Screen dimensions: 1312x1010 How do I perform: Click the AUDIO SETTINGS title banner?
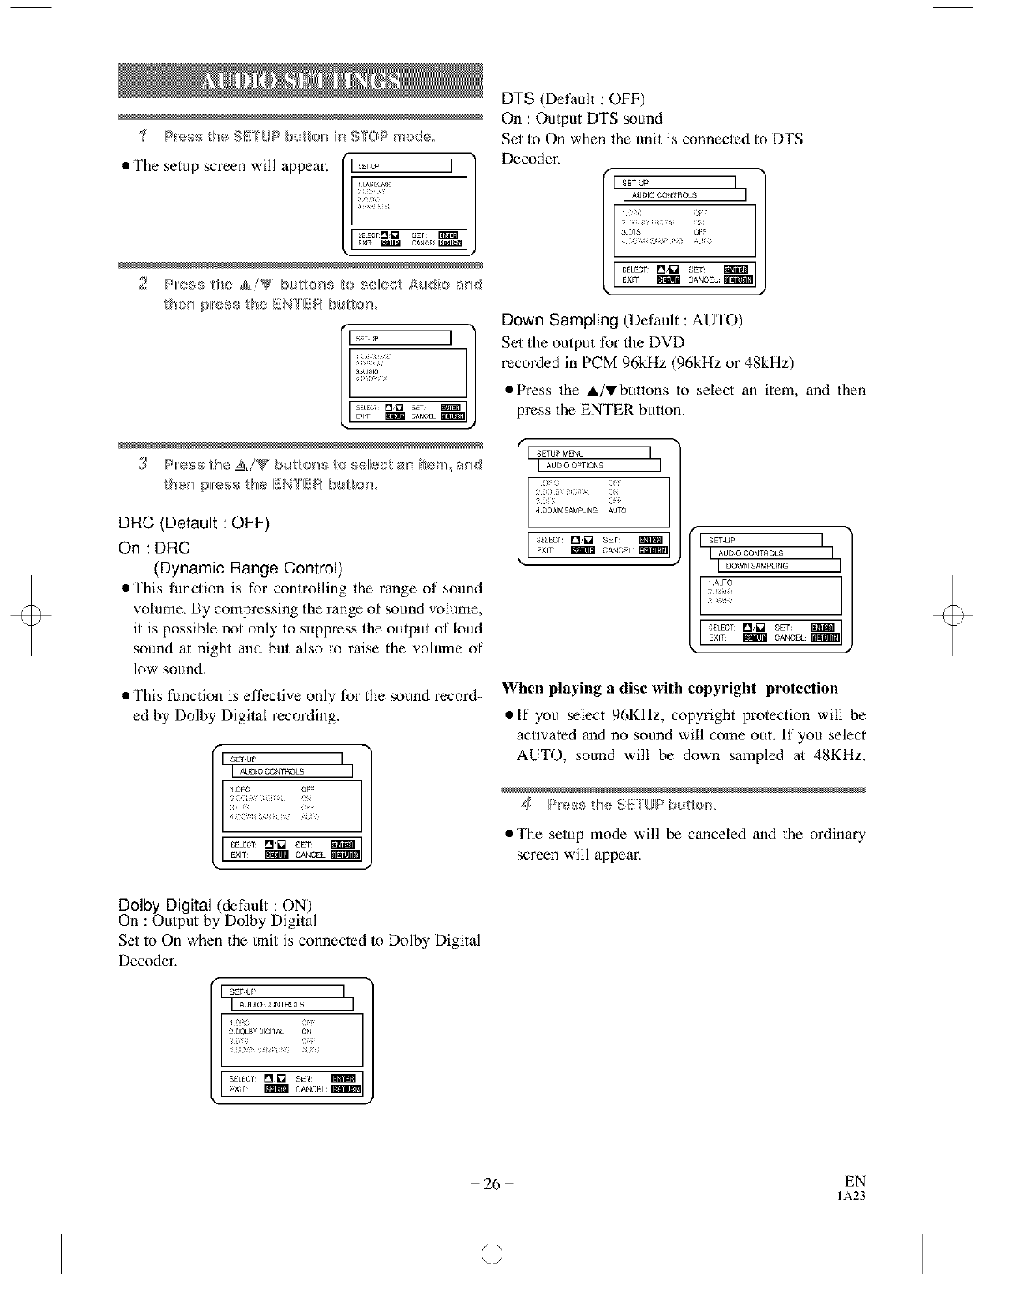coord(300,82)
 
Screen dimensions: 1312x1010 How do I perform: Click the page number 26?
coord(492,1183)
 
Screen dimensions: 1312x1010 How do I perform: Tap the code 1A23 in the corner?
coord(851,1196)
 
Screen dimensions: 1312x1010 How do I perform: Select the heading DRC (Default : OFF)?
coord(194,523)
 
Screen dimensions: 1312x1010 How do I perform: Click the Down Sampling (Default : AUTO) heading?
coord(622,320)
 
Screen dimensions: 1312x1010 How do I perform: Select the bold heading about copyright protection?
coord(669,688)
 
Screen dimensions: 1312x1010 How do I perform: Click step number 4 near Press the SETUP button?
coord(526,805)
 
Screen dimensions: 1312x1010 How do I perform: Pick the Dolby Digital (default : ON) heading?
coord(215,905)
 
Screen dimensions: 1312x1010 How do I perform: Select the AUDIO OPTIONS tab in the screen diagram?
coord(574,466)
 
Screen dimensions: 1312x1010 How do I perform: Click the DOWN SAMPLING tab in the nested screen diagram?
coord(757,566)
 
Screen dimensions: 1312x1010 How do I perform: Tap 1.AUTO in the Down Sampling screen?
coord(720,583)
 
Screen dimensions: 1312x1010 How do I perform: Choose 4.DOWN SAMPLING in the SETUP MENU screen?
coord(567,510)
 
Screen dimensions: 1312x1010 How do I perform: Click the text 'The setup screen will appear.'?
coord(230,165)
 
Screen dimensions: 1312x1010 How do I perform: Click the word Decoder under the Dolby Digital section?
coord(144,961)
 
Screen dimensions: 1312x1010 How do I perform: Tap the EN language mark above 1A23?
coord(855,1181)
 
